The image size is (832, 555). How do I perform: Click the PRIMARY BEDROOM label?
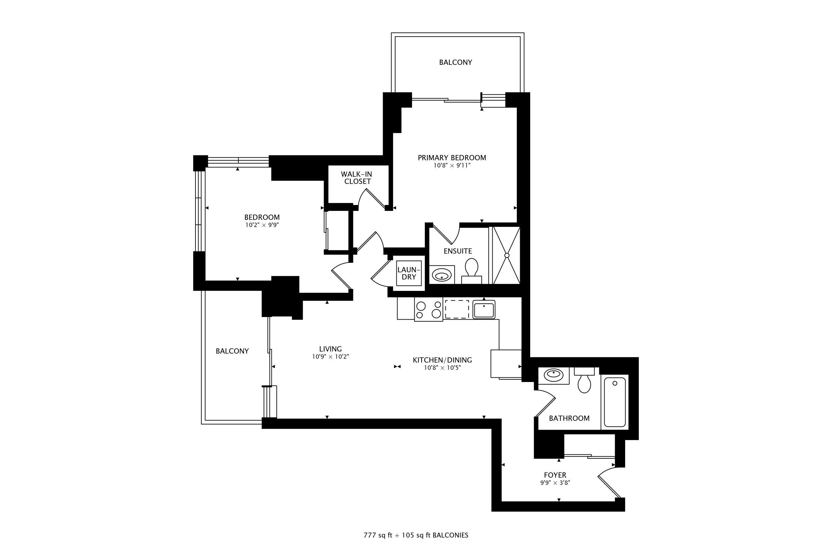point(452,158)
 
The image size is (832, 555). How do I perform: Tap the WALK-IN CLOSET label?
point(357,178)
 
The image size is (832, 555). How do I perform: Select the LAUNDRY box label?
point(409,273)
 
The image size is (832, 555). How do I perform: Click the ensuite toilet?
point(471,271)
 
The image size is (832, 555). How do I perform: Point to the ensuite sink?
point(441,275)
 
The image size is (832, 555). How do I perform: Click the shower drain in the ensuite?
point(507,255)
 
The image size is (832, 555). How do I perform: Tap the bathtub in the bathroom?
point(615,402)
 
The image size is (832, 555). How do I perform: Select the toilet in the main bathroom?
point(584,380)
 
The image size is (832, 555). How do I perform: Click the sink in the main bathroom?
point(554,375)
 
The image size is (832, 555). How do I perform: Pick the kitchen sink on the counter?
point(484,310)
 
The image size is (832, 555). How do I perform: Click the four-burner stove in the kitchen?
point(428,309)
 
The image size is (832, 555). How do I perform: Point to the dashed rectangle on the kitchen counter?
point(457,309)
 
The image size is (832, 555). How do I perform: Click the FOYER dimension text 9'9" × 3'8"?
point(555,483)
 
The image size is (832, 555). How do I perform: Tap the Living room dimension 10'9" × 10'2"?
point(331,357)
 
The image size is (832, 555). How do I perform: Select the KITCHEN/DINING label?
point(442,360)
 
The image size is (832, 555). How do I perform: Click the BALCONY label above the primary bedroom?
point(455,62)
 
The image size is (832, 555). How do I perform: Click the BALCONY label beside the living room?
point(232,351)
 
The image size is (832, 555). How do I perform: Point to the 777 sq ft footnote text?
point(378,535)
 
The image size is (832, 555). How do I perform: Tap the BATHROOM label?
point(569,419)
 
